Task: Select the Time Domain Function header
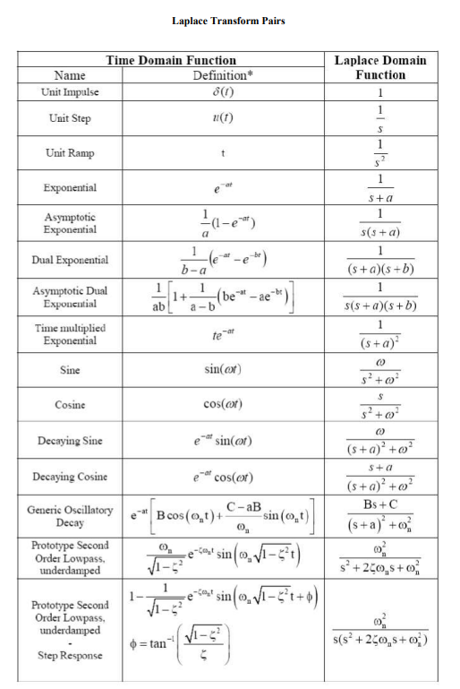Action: (171, 61)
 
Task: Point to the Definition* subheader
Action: (219, 75)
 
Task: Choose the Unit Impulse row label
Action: (70, 92)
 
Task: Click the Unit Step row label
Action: (70, 118)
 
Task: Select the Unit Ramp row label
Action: (70, 153)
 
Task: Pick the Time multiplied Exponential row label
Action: (70, 334)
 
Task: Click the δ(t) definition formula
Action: (219, 91)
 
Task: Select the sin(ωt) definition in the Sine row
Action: (219, 370)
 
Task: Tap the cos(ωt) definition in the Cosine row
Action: (219, 404)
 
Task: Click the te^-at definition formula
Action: (219, 335)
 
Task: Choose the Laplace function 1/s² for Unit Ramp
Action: (380, 153)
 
